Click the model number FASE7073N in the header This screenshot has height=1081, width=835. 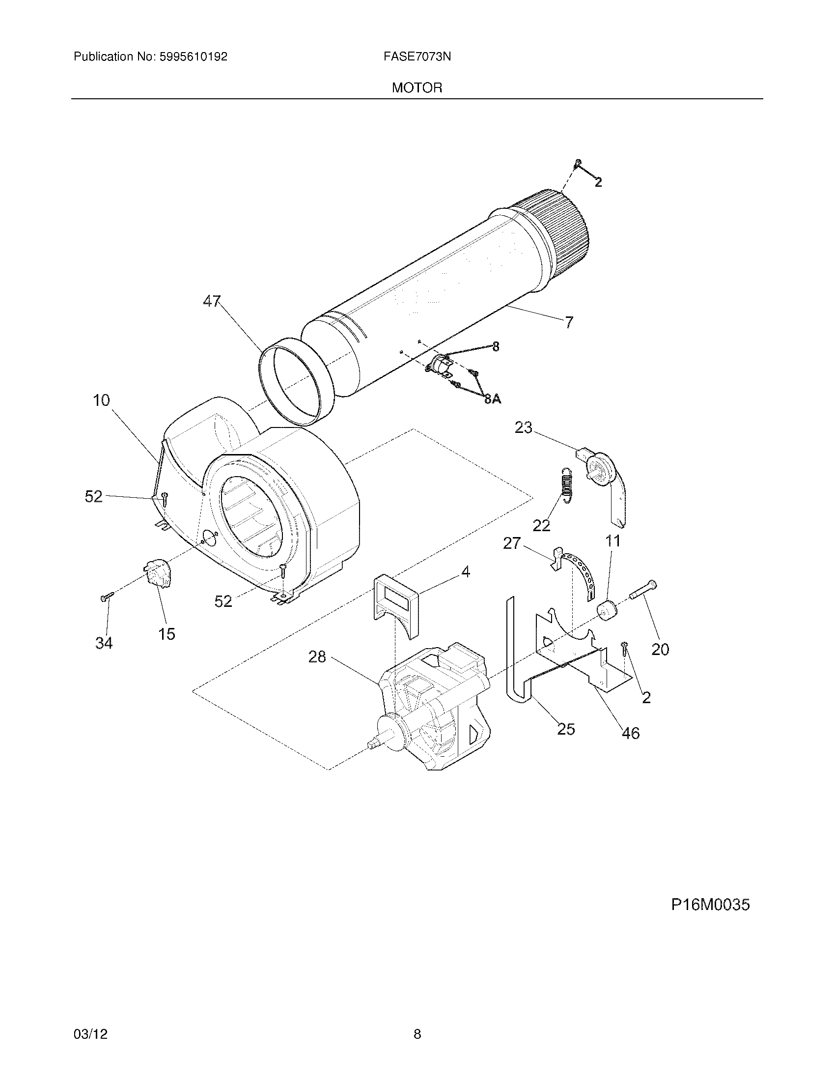pyautogui.click(x=417, y=57)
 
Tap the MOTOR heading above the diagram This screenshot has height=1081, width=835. pyautogui.click(x=417, y=88)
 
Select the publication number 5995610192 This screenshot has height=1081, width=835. pyautogui.click(x=193, y=57)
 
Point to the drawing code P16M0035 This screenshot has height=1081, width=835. pyautogui.click(x=710, y=905)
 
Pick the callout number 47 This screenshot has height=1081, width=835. pyautogui.click(x=212, y=301)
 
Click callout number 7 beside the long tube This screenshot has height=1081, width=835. pyautogui.click(x=569, y=322)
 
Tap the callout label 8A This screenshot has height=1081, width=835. pyautogui.click(x=492, y=398)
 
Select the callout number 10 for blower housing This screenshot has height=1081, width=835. pyautogui.click(x=101, y=400)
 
